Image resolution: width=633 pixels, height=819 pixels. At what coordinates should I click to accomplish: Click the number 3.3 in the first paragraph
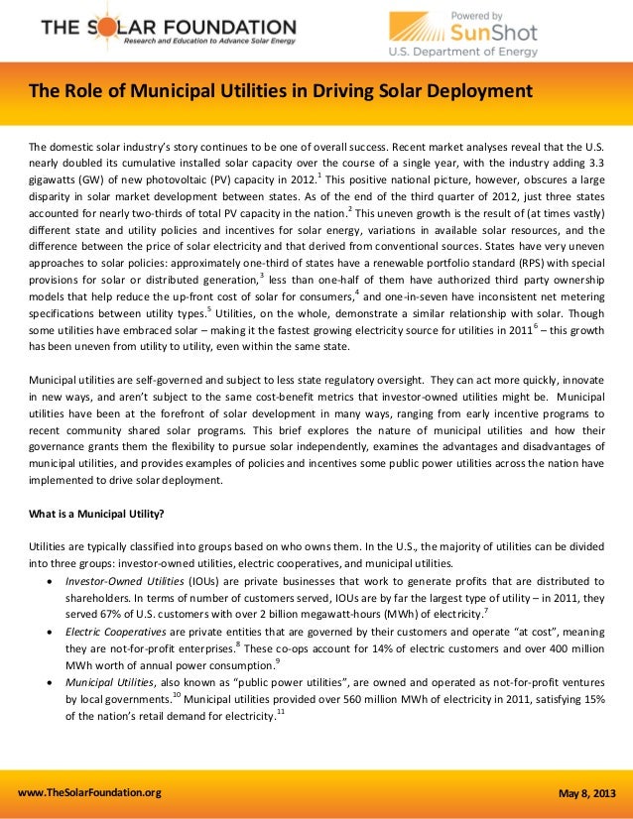[x=593, y=161]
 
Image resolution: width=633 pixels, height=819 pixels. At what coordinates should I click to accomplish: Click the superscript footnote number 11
[x=281, y=716]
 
